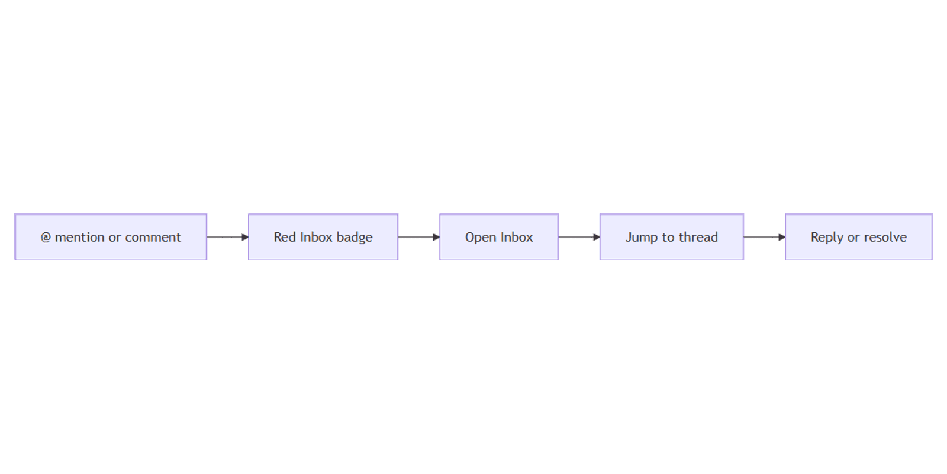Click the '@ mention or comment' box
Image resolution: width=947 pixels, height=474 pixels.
click(111, 237)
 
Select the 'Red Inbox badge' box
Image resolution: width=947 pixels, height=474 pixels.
click(323, 237)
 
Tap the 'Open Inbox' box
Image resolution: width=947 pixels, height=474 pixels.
click(499, 237)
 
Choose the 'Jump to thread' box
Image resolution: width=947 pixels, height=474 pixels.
click(671, 237)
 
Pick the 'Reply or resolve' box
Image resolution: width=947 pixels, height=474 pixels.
click(859, 237)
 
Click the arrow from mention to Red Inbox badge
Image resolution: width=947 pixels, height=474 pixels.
click(228, 237)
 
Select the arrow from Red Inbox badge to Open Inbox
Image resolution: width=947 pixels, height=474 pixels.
click(419, 237)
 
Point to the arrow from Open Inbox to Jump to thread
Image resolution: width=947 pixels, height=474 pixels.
click(579, 237)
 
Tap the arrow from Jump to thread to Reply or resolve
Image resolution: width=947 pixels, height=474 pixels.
click(764, 237)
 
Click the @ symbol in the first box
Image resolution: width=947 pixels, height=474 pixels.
click(46, 238)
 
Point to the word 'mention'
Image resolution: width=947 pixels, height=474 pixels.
click(80, 237)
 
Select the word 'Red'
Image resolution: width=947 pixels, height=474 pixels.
click(285, 237)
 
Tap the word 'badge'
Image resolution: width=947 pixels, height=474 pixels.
click(355, 238)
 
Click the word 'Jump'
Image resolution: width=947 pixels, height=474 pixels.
click(642, 238)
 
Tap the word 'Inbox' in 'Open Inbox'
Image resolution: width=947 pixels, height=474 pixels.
click(517, 237)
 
